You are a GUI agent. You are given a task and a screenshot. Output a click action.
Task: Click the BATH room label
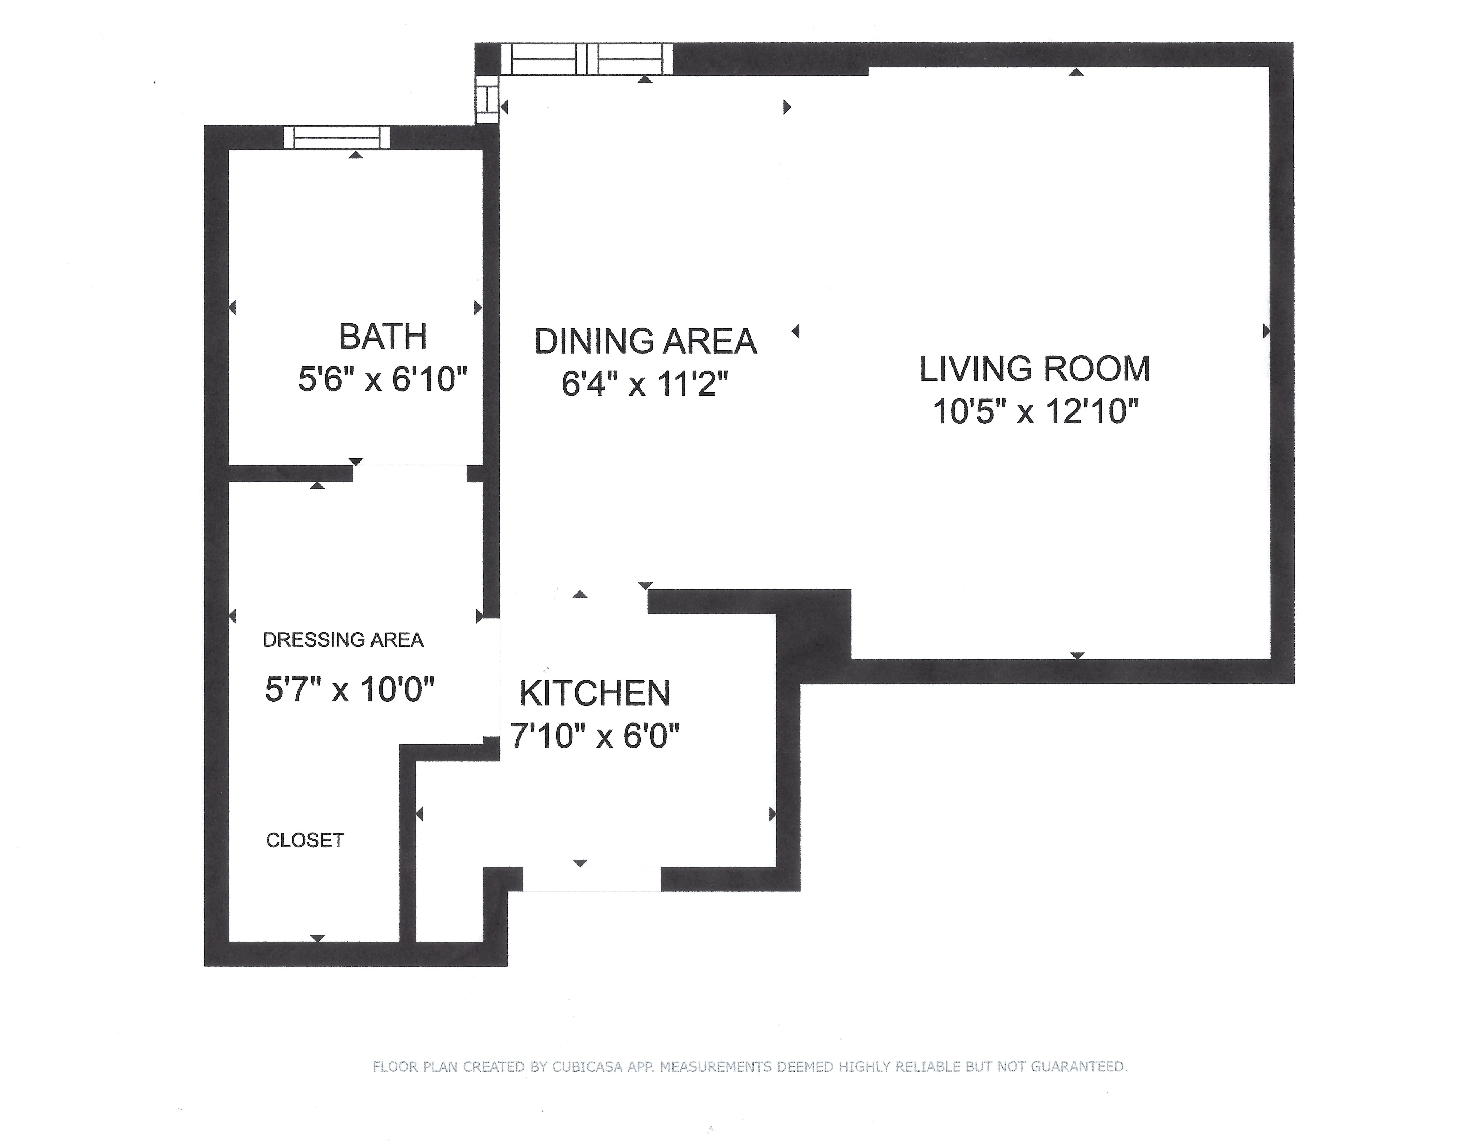[x=383, y=337]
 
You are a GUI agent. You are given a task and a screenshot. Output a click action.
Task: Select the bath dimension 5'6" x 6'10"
[x=383, y=379]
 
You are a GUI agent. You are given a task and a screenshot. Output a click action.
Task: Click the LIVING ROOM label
[x=1034, y=369]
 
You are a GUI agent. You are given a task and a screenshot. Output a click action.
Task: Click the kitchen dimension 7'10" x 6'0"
[x=595, y=736]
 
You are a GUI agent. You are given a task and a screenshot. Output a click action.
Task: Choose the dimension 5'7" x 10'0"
[x=349, y=690]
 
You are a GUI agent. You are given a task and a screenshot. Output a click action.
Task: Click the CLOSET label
[x=305, y=841]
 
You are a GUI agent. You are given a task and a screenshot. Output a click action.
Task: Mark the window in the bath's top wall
[x=337, y=138]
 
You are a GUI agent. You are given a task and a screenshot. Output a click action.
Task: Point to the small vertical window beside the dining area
[x=486, y=99]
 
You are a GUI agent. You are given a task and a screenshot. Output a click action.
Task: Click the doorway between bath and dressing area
[x=410, y=473]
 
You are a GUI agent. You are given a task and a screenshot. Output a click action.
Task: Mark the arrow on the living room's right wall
[x=1266, y=331]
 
